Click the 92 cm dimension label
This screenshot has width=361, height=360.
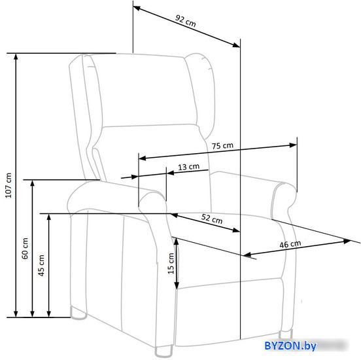tap(185, 21)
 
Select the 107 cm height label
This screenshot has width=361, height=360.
tap(9, 185)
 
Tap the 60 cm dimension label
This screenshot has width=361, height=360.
tap(25, 248)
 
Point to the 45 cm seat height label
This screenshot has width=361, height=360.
tap(41, 265)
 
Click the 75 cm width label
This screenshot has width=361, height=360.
tap(222, 146)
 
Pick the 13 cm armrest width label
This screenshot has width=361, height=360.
tap(188, 167)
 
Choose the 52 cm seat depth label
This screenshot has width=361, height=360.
tap(212, 219)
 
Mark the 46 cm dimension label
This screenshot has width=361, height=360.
tap(290, 244)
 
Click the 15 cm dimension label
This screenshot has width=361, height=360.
tap(171, 263)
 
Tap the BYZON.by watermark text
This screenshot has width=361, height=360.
tap(290, 346)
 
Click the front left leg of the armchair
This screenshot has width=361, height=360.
tap(163, 351)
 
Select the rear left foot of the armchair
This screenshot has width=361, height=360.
tap(78, 314)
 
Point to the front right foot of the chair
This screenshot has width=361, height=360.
tap(286, 334)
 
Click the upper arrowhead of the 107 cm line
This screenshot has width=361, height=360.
tap(16, 57)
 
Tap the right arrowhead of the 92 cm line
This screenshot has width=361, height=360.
tap(237, 45)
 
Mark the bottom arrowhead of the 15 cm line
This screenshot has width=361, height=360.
tap(177, 286)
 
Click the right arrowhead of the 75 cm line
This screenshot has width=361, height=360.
tap(293, 145)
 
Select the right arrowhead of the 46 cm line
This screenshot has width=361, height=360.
tap(347, 242)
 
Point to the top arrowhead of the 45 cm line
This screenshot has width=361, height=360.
tap(48, 217)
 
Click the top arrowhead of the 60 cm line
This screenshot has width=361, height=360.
tap(32, 183)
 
